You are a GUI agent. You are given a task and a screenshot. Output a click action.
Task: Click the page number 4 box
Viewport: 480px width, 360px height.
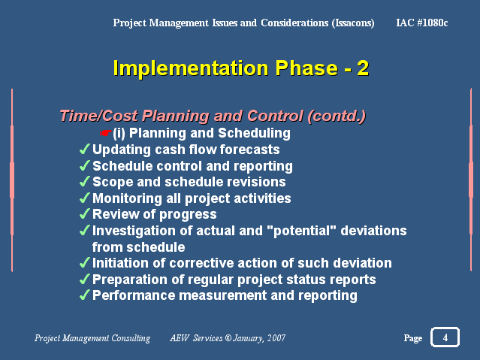pyautogui.click(x=445, y=337)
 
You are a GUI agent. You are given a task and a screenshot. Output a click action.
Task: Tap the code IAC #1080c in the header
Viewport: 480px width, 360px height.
pyautogui.click(x=422, y=23)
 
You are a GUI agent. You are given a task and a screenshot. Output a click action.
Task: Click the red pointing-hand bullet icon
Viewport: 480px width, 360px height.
pyautogui.click(x=106, y=133)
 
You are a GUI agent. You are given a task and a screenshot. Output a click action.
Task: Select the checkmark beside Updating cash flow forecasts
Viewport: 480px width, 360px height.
pyautogui.click(x=85, y=150)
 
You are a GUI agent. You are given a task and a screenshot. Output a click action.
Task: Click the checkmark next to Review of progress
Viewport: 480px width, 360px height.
pyautogui.click(x=85, y=214)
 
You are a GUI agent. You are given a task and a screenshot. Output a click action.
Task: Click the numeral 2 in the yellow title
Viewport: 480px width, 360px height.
pyautogui.click(x=363, y=68)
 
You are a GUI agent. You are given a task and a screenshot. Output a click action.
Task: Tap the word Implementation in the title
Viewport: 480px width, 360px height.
pyautogui.click(x=191, y=68)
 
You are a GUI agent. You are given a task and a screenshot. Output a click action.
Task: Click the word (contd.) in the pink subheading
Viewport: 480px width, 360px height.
pyautogui.click(x=337, y=116)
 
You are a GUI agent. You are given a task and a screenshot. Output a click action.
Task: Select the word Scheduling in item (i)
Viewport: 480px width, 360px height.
pyautogui.click(x=254, y=133)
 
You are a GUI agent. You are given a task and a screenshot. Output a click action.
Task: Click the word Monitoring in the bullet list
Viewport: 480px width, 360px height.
pyautogui.click(x=127, y=199)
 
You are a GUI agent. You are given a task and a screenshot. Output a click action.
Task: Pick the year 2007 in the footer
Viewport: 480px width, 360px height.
pyautogui.click(x=276, y=338)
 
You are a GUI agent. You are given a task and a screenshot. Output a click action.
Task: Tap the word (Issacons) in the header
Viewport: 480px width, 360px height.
pyautogui.click(x=353, y=23)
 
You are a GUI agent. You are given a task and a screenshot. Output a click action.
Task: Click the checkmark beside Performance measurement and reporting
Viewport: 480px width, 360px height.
pyautogui.click(x=85, y=295)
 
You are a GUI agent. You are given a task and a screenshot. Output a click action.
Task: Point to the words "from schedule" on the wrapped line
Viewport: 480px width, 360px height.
pyautogui.click(x=139, y=247)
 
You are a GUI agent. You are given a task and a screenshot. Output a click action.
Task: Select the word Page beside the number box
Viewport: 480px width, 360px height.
pyautogui.click(x=413, y=338)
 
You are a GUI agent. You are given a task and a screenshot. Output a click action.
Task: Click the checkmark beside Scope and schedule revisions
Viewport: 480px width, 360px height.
pyautogui.click(x=85, y=182)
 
